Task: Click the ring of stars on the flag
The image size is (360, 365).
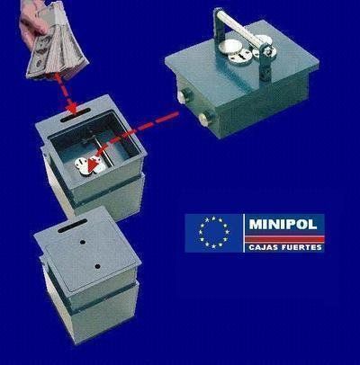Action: coord(214,232)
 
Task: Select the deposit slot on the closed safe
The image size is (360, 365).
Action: coord(69,230)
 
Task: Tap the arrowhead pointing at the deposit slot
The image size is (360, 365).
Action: coord(67,106)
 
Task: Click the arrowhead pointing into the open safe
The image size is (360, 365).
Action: coord(82,165)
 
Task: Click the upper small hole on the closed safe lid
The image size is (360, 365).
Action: coord(84,241)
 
